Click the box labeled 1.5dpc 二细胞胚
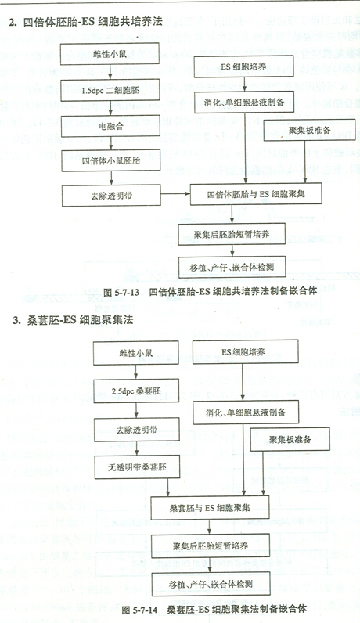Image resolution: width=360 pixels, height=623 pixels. [110, 90]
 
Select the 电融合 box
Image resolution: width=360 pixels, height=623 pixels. [111, 125]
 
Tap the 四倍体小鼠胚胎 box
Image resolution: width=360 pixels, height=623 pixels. [111, 160]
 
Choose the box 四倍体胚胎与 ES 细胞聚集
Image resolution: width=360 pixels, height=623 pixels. [256, 194]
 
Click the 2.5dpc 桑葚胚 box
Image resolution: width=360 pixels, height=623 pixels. [136, 391]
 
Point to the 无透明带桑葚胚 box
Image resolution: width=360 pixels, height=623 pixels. [137, 467]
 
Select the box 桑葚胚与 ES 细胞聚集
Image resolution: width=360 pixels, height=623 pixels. [210, 508]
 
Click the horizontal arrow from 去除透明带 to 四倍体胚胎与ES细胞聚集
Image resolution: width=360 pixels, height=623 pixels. [175, 194]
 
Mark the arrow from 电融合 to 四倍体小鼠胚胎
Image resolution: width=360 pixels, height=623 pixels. [111, 143]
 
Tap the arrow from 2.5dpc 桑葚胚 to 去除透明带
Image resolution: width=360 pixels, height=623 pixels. [136, 410]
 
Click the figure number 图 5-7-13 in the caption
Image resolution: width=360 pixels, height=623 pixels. [121, 292]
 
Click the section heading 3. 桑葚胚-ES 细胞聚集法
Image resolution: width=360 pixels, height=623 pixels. [73, 320]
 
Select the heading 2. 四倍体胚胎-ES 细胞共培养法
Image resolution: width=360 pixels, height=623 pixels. [86, 22]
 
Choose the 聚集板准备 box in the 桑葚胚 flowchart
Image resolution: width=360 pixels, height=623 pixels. [290, 439]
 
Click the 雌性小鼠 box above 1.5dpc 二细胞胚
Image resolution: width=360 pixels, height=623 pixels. [110, 54]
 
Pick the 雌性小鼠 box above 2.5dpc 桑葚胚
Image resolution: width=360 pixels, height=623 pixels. [136, 353]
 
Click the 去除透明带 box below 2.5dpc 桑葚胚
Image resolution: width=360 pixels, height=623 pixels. [137, 430]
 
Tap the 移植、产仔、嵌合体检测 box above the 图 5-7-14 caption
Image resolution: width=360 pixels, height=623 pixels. [211, 584]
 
